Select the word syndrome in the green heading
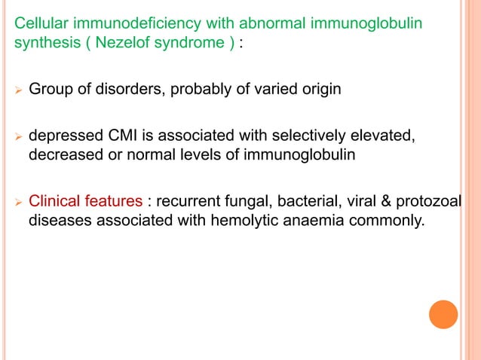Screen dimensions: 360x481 pos(188,43)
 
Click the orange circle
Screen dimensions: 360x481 pos(443,314)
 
